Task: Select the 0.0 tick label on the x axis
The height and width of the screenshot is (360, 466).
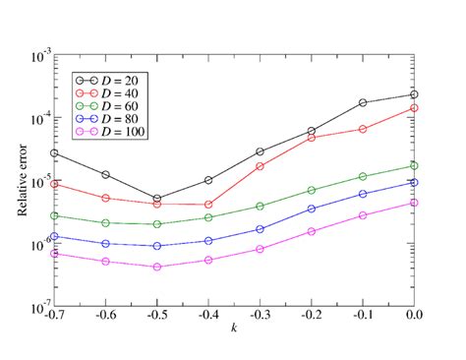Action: [x=415, y=316]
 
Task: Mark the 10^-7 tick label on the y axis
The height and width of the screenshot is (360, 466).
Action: [x=39, y=308]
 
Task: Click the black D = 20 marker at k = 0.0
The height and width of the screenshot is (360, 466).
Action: [x=415, y=95]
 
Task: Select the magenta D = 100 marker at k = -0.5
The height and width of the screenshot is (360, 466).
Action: [x=156, y=267]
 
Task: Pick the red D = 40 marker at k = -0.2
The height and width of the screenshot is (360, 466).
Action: [x=312, y=138]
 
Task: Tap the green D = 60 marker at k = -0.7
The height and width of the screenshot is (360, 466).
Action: [x=54, y=215]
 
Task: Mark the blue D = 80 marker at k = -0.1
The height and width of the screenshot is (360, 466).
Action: [x=363, y=194]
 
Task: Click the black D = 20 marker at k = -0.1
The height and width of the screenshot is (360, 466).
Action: [x=363, y=102]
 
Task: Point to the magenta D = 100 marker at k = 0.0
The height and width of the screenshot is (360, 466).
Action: [x=415, y=203]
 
